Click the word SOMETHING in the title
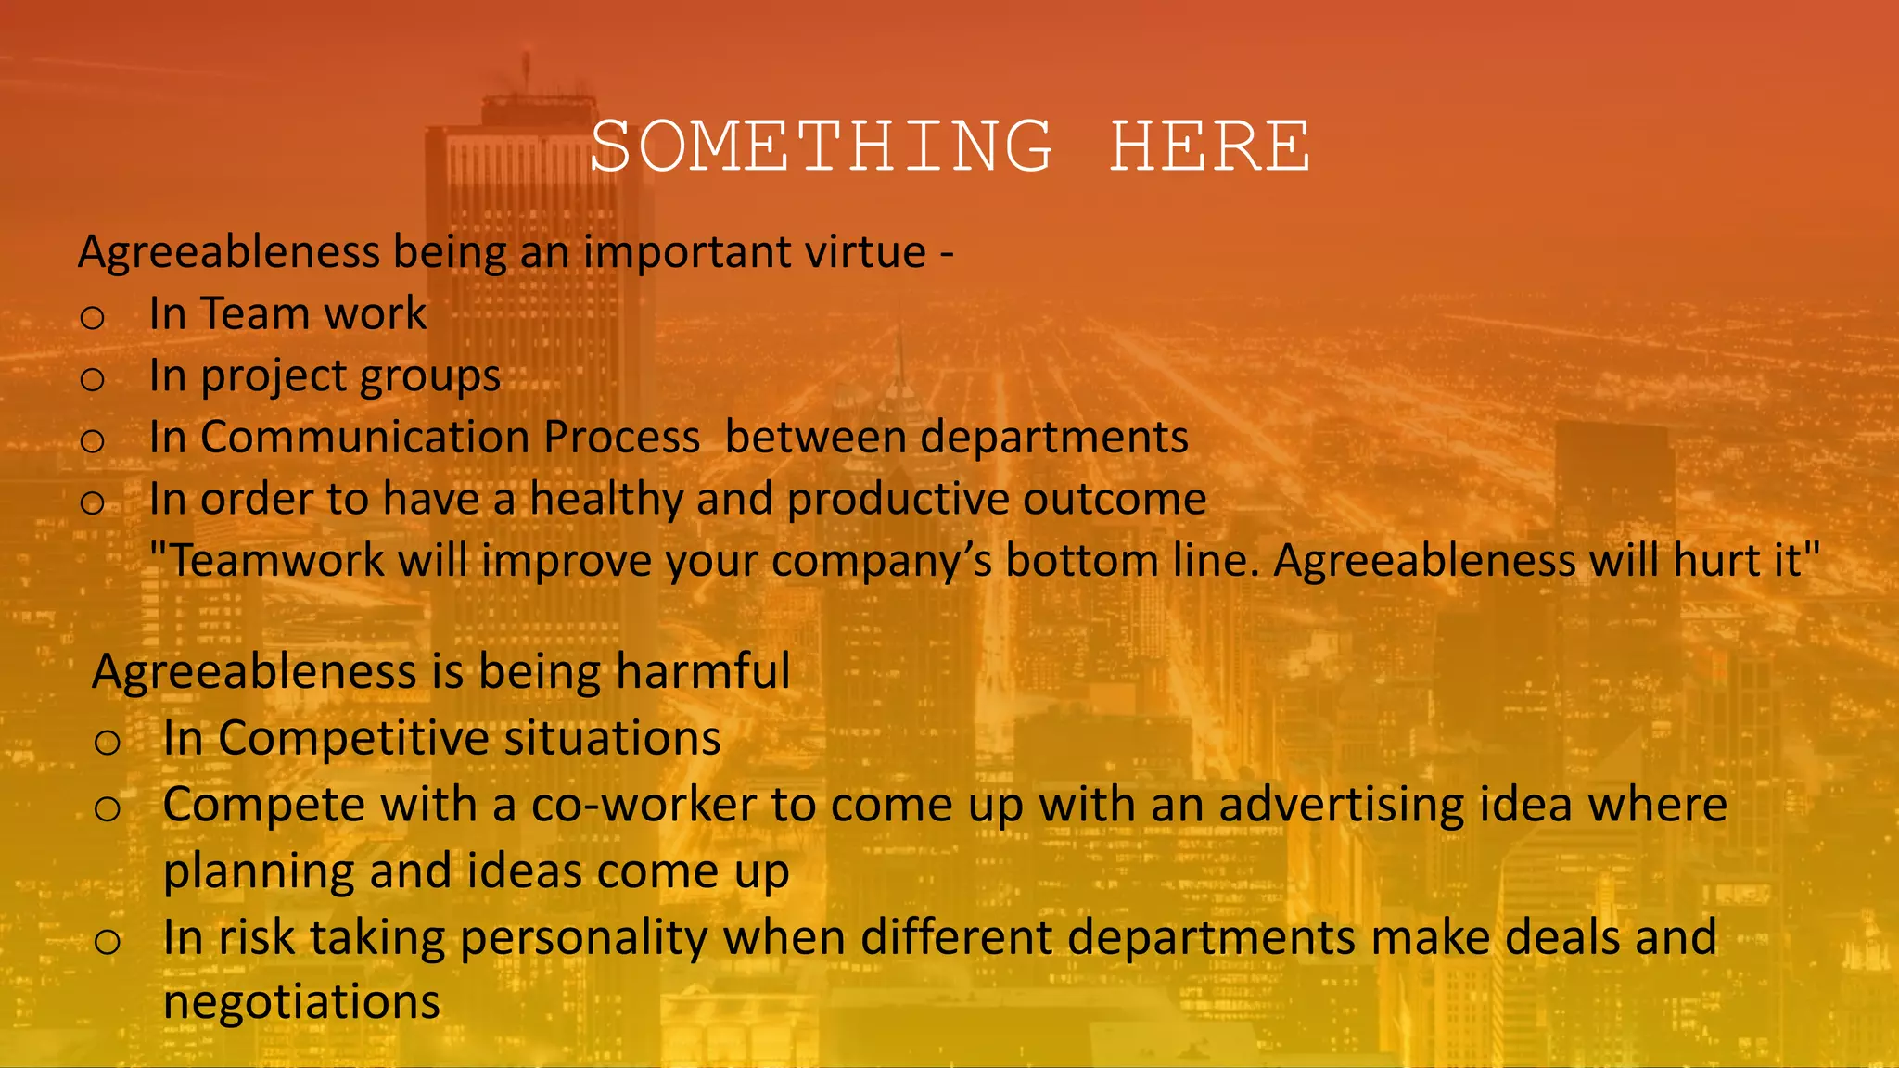point(822,146)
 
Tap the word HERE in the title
point(1210,146)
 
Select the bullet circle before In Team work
point(92,318)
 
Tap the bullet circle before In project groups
point(92,379)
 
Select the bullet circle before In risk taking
point(107,942)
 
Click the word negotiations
point(301,1002)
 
